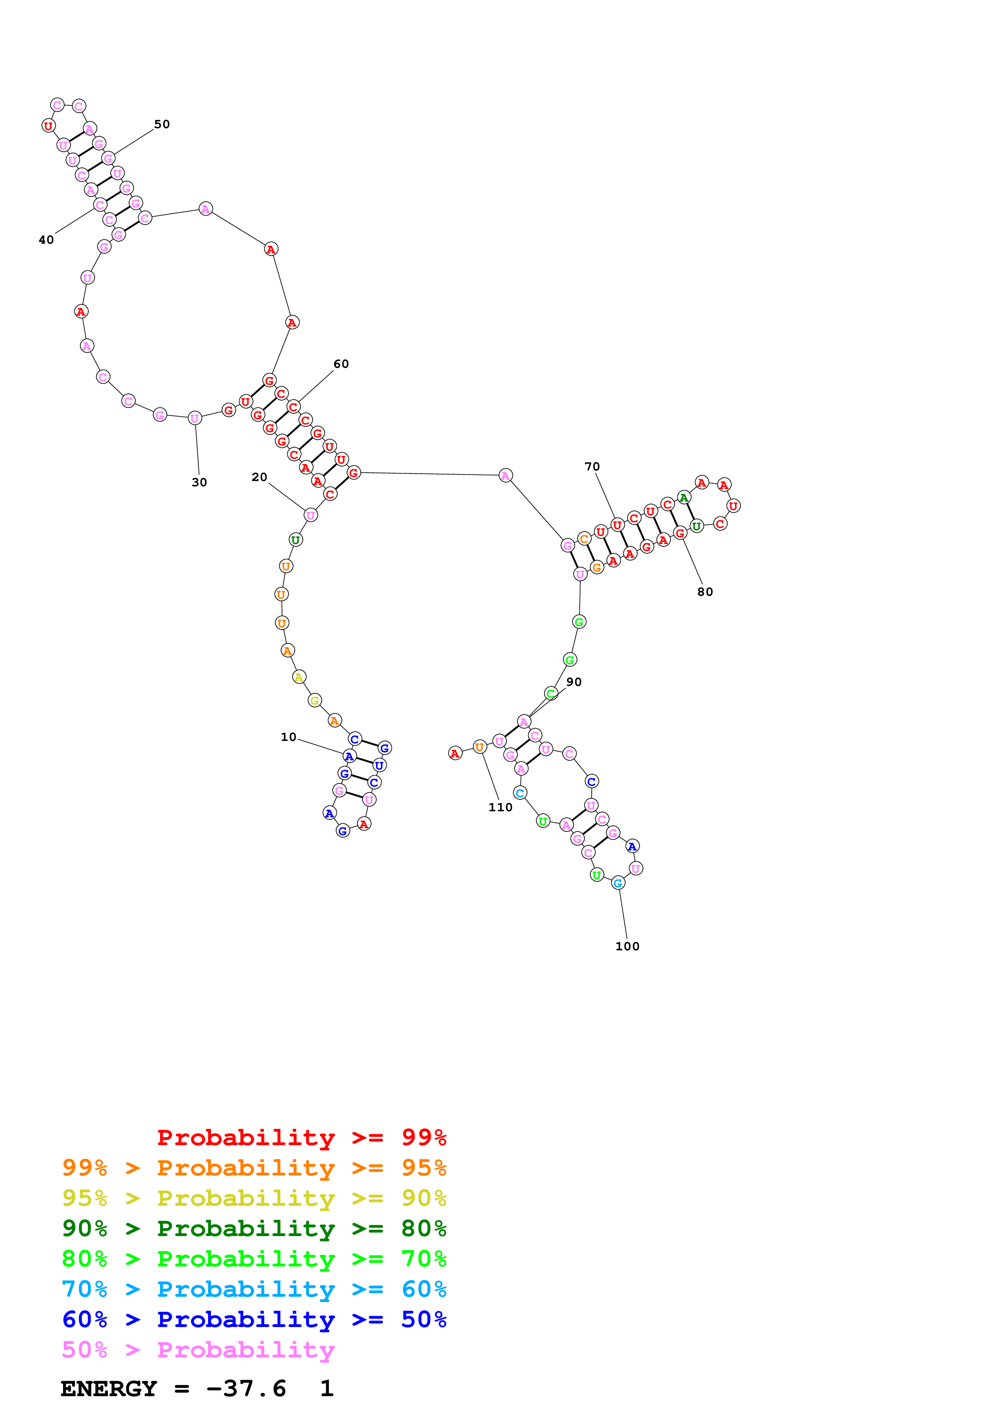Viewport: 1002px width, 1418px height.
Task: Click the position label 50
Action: (162, 124)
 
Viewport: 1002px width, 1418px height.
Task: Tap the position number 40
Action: (46, 240)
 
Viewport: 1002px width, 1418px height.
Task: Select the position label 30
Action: (199, 482)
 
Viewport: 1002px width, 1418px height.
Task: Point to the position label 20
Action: (259, 477)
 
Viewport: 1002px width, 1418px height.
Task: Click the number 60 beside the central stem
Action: (341, 364)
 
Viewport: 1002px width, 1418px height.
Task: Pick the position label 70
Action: (592, 466)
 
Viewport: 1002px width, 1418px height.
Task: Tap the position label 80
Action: (705, 592)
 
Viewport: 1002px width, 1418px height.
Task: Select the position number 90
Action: (574, 682)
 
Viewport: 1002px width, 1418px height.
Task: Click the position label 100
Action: (627, 946)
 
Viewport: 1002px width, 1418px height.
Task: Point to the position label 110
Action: (500, 807)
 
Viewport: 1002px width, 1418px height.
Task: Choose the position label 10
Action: (288, 737)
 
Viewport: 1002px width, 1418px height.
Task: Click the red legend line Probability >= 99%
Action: (301, 1137)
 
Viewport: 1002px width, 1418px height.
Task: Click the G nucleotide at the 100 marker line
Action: (617, 883)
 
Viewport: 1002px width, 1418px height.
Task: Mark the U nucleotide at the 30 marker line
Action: (194, 418)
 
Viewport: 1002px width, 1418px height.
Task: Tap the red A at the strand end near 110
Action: (455, 753)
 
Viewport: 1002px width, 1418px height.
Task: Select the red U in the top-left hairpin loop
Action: (48, 126)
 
